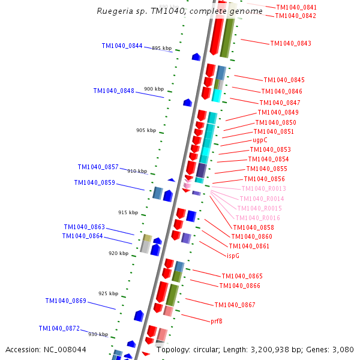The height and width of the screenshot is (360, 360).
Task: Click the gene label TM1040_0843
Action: (x=290, y=44)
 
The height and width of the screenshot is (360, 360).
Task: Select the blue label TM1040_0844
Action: (x=122, y=46)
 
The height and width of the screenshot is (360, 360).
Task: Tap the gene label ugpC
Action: (x=260, y=140)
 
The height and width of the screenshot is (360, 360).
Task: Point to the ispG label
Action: (x=233, y=256)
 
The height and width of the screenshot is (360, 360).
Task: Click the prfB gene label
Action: (x=217, y=321)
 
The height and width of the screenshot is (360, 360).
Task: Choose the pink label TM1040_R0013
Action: (x=263, y=188)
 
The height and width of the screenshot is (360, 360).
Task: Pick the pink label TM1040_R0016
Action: (x=257, y=218)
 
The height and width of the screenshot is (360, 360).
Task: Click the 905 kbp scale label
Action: (x=146, y=130)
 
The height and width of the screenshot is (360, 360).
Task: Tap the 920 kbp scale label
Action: (x=118, y=253)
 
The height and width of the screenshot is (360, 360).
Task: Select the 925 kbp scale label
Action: (x=109, y=293)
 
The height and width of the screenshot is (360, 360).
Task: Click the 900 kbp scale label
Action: (x=154, y=89)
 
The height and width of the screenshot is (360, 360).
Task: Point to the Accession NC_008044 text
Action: (x=46, y=349)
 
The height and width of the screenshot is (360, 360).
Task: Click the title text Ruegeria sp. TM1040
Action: (x=179, y=11)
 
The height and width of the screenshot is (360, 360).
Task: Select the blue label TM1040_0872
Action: (x=59, y=328)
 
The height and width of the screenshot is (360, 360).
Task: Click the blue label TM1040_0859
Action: (x=94, y=182)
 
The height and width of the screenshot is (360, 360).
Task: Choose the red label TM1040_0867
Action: (x=235, y=305)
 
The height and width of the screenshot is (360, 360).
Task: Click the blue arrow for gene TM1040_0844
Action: (x=196, y=57)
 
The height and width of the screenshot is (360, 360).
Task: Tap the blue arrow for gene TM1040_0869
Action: (x=139, y=316)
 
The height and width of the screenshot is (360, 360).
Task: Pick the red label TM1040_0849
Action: (x=278, y=113)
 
